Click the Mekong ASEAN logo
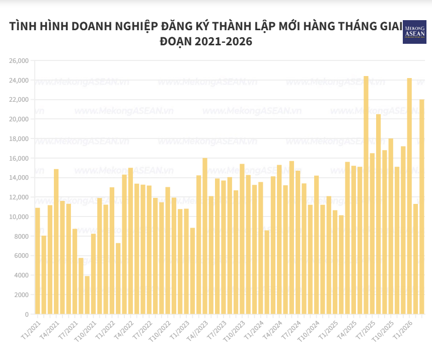[414, 32]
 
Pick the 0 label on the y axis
[26, 315]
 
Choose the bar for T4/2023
[205, 236]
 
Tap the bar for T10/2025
[391, 226]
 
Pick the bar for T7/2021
[75, 271]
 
